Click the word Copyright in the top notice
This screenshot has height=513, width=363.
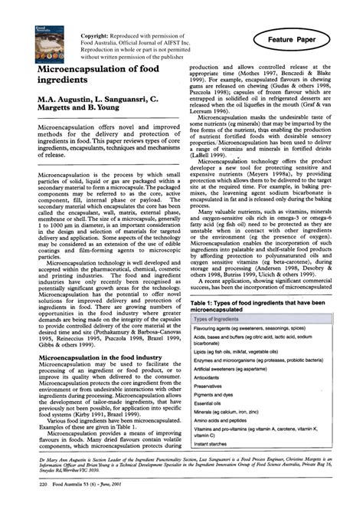point(96,36)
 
